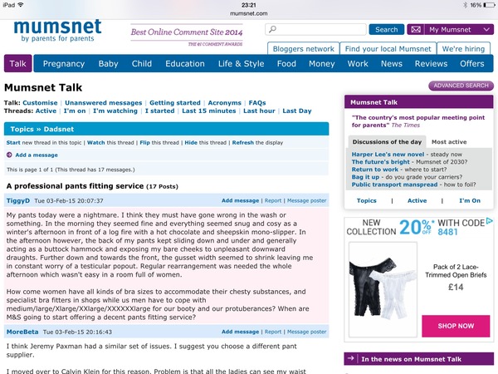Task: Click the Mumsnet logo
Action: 57,31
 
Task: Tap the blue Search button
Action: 386,29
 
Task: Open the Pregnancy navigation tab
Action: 64,64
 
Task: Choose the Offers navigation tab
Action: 471,64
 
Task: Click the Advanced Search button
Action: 461,86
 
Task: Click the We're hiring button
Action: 463,49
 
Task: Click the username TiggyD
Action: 19,200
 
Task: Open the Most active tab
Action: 449,142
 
